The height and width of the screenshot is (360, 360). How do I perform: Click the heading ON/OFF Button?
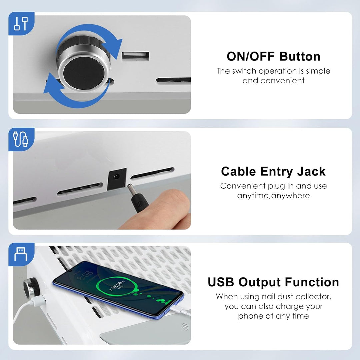273,56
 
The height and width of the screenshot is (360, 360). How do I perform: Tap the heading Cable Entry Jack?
273,171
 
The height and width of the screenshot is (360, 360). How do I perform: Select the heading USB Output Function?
273,282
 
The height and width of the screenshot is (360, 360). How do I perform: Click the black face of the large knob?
84,73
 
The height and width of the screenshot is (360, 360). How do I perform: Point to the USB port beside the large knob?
135,56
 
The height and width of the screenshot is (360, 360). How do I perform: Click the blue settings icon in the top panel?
21,23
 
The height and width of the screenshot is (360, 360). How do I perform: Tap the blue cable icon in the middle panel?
21,139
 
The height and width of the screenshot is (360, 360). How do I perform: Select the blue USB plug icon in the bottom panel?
21,254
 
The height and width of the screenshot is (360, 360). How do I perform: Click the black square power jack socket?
117,179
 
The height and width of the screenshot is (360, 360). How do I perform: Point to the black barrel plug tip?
130,188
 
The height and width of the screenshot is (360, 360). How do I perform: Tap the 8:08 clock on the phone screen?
85,275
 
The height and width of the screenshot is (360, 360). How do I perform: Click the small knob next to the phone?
31,288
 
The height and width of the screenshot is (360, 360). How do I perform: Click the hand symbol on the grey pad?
185,326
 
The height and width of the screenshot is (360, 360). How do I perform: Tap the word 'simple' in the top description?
318,71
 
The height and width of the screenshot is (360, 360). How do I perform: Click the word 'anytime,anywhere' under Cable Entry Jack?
273,196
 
